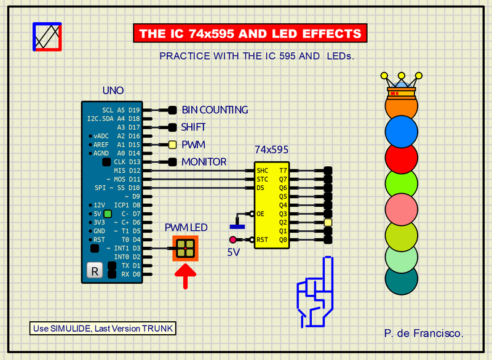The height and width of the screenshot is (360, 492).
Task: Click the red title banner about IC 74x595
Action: tap(250, 33)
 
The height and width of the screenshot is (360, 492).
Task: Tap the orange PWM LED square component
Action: tap(186, 249)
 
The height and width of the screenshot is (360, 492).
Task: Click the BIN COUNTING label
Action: tap(215, 110)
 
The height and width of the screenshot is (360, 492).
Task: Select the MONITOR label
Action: tap(204, 162)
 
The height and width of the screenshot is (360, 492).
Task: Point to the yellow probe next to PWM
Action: tap(172, 145)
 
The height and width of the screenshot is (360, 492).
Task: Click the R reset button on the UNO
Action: tap(95, 270)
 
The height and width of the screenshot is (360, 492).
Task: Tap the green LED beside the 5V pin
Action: tap(108, 214)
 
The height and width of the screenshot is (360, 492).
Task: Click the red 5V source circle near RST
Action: tap(233, 240)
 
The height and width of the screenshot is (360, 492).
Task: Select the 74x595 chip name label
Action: tap(271, 150)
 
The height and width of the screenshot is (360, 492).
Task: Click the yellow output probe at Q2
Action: tap(328, 222)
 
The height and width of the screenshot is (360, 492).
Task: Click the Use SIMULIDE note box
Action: tap(103, 328)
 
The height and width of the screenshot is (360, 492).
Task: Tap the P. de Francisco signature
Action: tap(424, 333)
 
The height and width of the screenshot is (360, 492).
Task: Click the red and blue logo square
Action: tap(47, 36)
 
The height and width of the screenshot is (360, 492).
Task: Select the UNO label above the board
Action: tap(113, 91)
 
